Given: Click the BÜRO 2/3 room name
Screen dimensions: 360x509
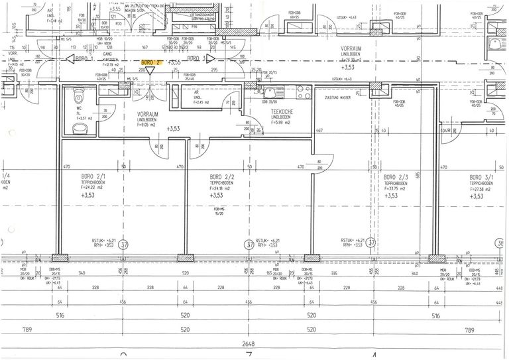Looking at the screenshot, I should point(396,178).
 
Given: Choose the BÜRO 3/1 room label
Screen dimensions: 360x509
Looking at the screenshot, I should point(481,178).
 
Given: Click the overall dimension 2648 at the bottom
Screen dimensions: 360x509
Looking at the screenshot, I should point(248,343).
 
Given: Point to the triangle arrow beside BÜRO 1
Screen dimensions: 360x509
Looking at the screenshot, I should point(69,58).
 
